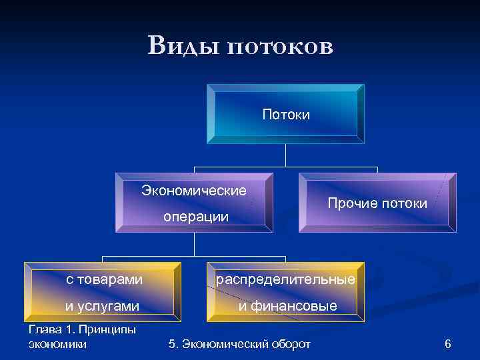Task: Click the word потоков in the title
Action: tap(279, 47)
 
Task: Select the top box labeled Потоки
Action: tap(286, 114)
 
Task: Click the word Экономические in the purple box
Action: tap(194, 191)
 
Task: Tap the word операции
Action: tap(196, 217)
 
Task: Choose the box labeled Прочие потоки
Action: tap(377, 203)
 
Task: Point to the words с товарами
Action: tap(104, 279)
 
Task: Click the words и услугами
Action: tap(102, 306)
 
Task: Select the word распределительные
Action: tap(285, 279)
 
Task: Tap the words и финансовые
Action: tap(288, 306)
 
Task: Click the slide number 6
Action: tap(447, 344)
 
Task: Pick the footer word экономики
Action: tap(58, 344)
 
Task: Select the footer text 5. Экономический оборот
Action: tap(240, 344)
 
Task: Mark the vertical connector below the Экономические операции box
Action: tap(194, 244)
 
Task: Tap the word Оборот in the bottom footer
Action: tap(289, 344)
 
